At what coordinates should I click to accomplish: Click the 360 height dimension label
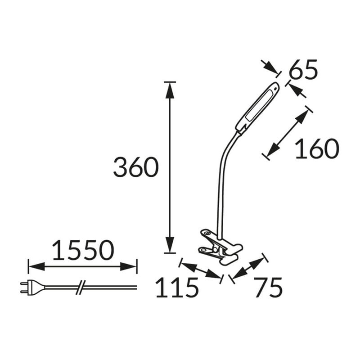136,167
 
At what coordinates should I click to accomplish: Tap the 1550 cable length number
83,250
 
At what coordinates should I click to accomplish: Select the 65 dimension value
303,69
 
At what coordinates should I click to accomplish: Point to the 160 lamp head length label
317,148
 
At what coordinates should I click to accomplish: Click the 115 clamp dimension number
176,288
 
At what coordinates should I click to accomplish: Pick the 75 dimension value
268,288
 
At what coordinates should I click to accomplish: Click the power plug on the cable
32,287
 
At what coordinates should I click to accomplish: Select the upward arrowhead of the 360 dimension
170,91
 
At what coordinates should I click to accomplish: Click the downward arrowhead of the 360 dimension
170,245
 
